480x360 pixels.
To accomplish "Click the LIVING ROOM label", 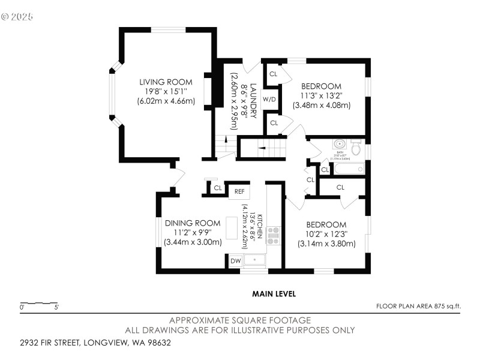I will click(166, 82).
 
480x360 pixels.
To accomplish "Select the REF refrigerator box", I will click(239, 191).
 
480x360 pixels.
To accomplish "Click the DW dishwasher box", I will click(236, 261).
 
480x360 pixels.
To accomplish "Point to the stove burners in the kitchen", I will click(274, 235).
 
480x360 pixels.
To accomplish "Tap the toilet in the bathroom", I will click(356, 146).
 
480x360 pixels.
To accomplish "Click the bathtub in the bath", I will click(349, 169).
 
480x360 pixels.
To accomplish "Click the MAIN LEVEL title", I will click(274, 294).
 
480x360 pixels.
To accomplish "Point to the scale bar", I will click(38, 304).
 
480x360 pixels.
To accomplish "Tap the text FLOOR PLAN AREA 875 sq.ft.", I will click(418, 307).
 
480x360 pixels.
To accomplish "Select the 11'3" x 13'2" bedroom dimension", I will click(321, 95).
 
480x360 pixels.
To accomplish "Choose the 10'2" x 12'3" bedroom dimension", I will click(326, 234).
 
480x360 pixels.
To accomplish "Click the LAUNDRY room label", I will click(253, 95).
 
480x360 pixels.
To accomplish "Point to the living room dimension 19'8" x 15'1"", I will click(166, 91).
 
